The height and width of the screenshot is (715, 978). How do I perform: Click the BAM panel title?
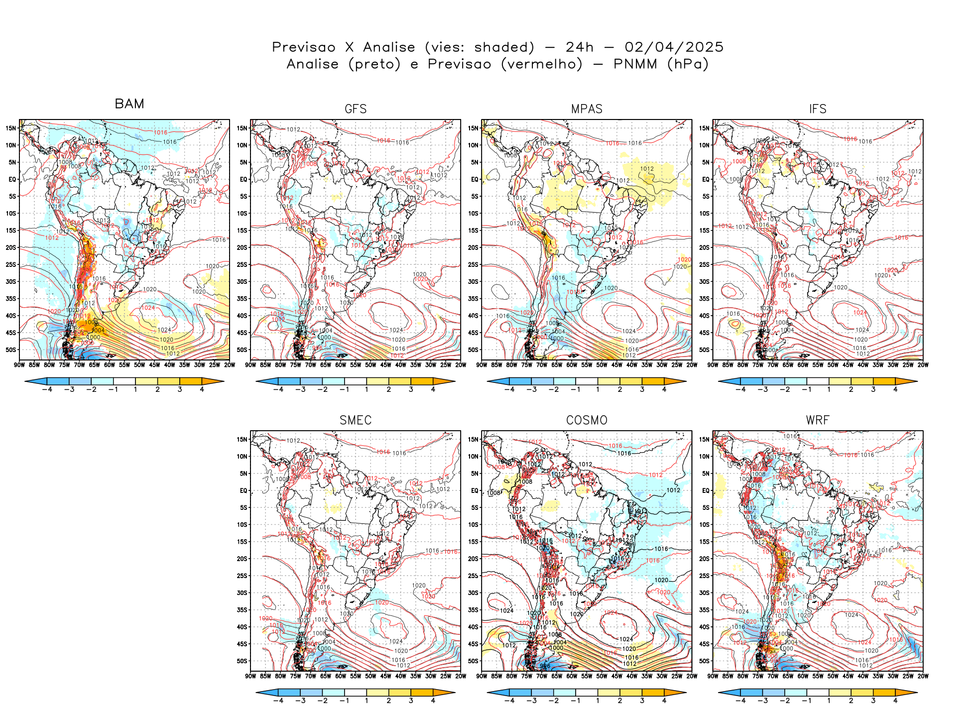[129, 104]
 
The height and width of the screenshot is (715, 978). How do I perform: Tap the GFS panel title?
[356, 109]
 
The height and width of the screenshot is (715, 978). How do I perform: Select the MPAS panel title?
[587, 109]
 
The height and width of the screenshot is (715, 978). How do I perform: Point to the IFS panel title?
[818, 109]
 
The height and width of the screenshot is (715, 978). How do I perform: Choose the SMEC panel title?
[356, 420]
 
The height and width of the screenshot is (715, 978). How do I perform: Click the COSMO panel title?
[587, 420]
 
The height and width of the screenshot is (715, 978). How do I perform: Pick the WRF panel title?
[818, 420]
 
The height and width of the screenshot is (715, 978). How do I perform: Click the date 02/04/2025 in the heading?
[674, 47]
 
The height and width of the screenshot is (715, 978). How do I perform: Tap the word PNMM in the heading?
[635, 64]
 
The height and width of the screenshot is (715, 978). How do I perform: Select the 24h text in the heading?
[580, 47]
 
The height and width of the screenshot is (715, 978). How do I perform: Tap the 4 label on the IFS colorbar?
[895, 389]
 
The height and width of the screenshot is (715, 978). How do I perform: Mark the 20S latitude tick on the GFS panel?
[242, 247]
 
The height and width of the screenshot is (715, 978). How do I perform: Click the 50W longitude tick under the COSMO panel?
[602, 676]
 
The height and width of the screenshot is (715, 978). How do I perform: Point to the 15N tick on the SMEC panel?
[242, 439]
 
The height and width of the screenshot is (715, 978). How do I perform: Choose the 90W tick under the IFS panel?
[713, 365]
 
